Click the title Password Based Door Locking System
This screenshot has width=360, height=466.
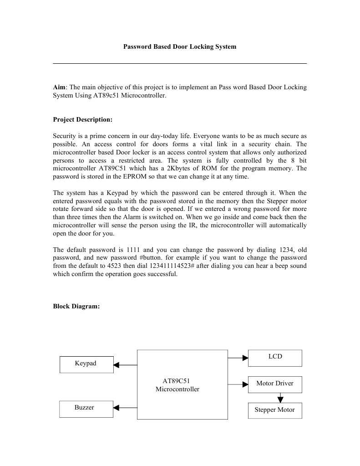[x=180, y=47]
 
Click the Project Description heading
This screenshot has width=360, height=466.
[x=82, y=120]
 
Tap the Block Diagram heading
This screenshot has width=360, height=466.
[x=76, y=307]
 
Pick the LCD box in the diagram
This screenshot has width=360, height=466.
[x=275, y=358]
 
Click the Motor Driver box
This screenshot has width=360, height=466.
[x=275, y=384]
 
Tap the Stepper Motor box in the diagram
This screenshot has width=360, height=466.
[x=275, y=410]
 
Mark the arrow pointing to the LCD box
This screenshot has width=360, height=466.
[x=238, y=358]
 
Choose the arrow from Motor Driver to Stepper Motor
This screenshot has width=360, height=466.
[x=280, y=398]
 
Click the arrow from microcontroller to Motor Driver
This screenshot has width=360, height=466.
[x=238, y=384]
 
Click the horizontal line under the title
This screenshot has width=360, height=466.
[x=180, y=63]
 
